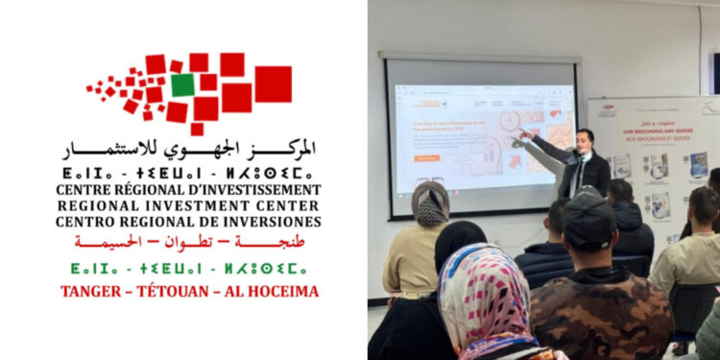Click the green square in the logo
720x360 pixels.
coord(182,84)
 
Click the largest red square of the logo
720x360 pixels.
coord(273,84)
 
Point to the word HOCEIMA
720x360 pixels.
coord(283,291)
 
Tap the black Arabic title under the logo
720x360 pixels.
coord(189,151)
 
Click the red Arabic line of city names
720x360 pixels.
coord(189,241)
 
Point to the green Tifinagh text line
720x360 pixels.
coord(189,266)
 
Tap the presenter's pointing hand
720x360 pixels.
coord(524,132)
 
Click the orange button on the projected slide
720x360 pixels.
coord(427,157)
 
